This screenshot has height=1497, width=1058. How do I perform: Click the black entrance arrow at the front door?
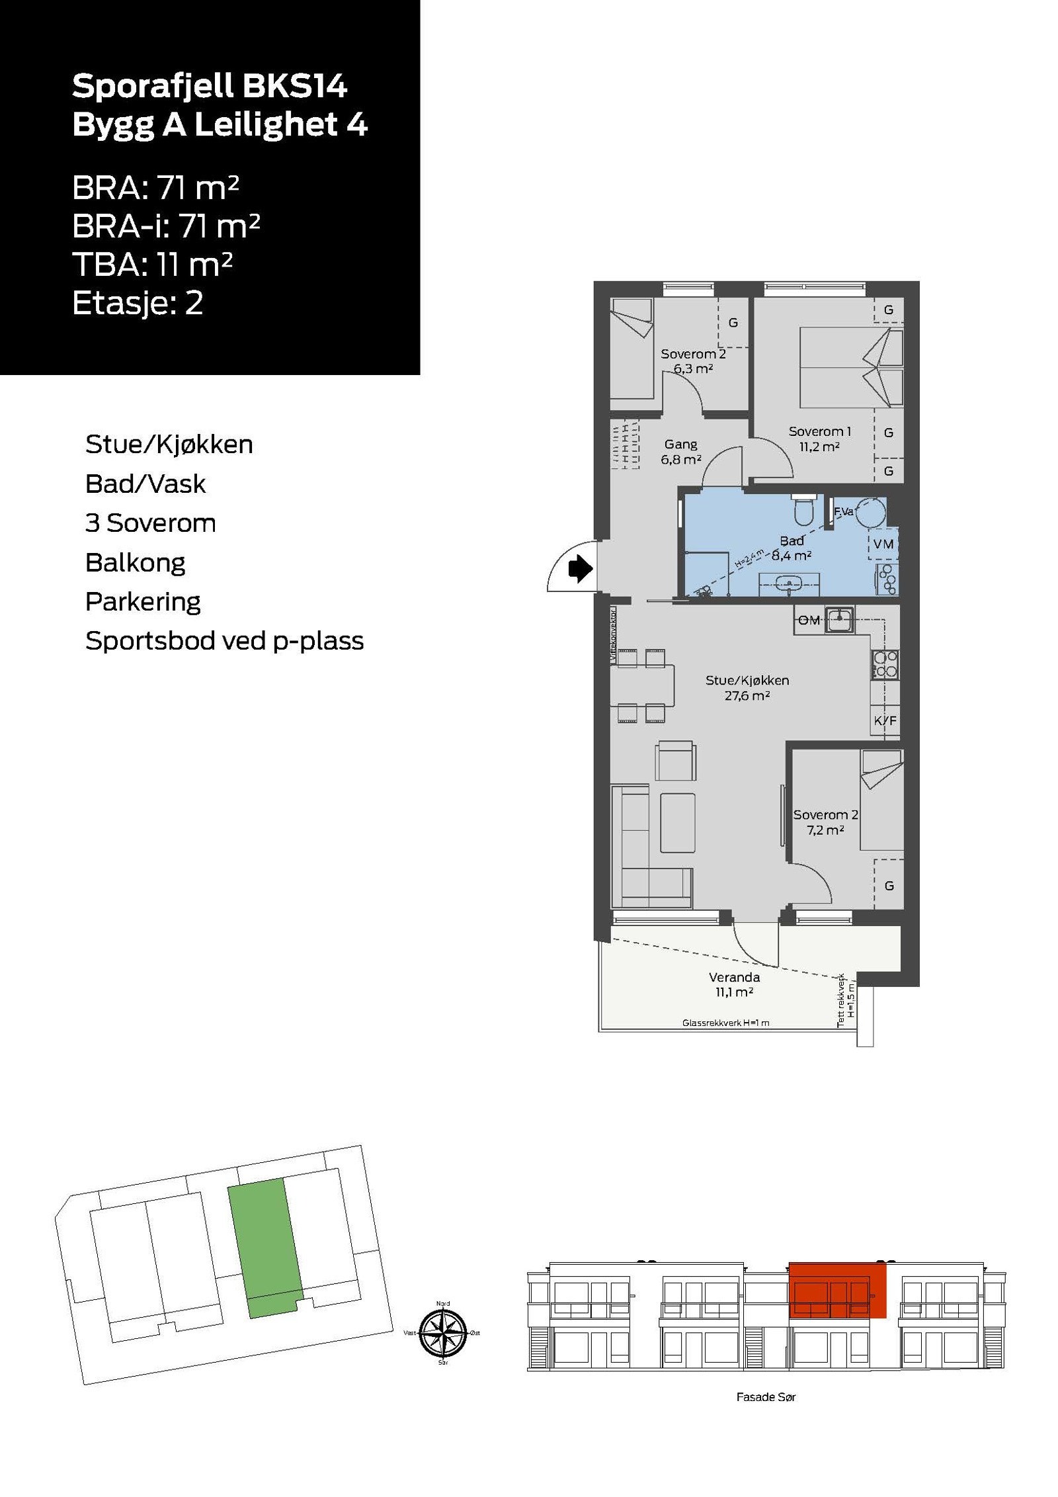tap(580, 568)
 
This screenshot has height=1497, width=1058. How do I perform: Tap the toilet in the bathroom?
tap(803, 510)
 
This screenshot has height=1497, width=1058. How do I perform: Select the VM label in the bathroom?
tap(883, 544)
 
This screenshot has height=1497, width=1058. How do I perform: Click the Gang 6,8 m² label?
tap(680, 452)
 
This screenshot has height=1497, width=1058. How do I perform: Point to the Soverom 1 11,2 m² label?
tap(819, 439)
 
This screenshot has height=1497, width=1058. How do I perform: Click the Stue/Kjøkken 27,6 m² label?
tap(747, 687)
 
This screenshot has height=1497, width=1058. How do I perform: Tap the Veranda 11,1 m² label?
tap(734, 984)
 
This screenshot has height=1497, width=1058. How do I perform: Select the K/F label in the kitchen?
tap(885, 720)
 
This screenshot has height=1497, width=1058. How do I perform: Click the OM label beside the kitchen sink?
tap(809, 620)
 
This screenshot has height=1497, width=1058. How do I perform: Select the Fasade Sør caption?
tap(766, 1396)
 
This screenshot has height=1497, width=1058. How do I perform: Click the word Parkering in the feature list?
tap(143, 601)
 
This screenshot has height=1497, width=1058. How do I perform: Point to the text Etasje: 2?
tap(138, 303)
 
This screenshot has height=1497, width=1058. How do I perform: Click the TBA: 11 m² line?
tap(152, 265)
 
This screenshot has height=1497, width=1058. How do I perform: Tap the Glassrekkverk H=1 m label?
tap(725, 1023)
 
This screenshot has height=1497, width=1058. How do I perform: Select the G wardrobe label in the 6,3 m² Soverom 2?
tap(733, 323)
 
